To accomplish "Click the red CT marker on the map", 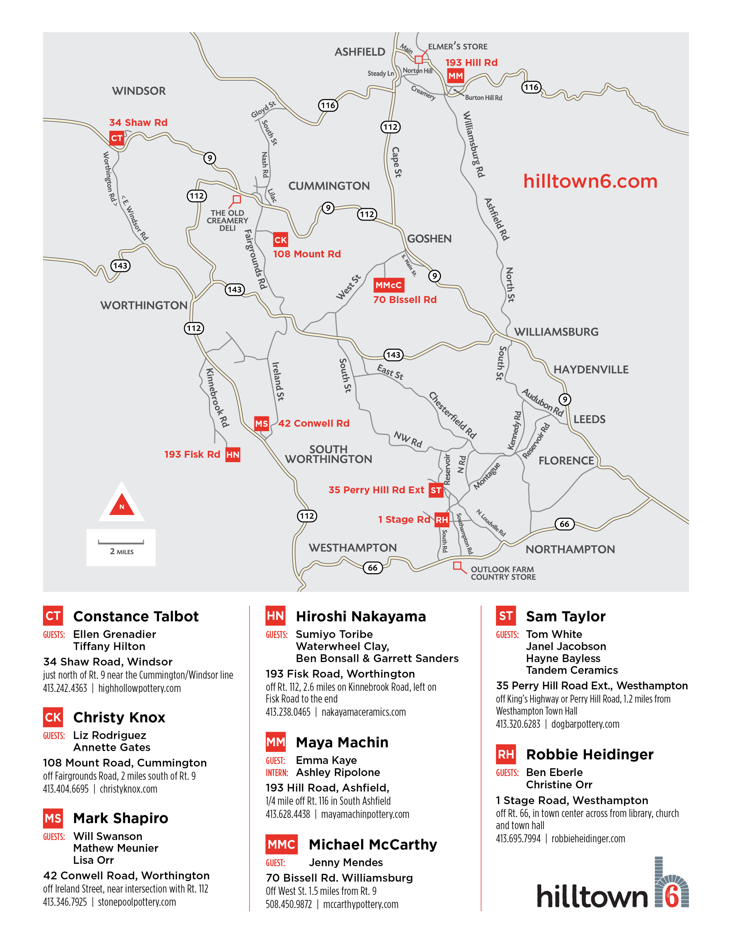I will (116, 138).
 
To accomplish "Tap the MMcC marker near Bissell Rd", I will (389, 285).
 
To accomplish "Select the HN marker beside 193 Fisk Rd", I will (232, 454).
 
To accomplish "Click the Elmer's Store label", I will (457, 46).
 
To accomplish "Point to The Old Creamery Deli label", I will (227, 220).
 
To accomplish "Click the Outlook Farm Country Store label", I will (503, 573).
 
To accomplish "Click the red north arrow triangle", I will (122, 505).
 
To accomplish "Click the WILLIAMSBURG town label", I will (556, 332).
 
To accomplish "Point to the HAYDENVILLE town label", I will (591, 369).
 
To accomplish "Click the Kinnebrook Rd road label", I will (217, 398).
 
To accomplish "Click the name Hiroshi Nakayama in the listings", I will (360, 616).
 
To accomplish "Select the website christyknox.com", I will (128, 789).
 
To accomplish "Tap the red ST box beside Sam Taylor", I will (506, 616).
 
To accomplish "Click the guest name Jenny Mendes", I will (346, 862).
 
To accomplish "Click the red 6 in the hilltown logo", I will (672, 896).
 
